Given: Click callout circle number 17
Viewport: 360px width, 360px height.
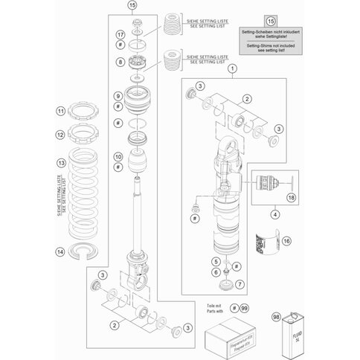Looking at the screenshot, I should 120,35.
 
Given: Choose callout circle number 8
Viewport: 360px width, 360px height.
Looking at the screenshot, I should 120,62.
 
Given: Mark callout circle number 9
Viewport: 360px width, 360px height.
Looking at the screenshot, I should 118,97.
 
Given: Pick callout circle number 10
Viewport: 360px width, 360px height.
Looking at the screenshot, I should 118,156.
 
